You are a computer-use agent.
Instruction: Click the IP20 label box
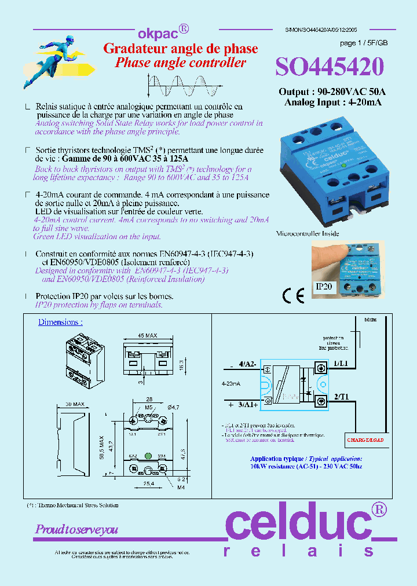click(324, 286)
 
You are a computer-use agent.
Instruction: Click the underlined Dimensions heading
click(60, 322)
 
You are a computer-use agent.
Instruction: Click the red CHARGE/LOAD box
click(365, 440)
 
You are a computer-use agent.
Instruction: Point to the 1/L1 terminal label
click(341, 362)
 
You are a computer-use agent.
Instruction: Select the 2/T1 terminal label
click(341, 397)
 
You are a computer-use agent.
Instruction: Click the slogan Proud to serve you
click(76, 529)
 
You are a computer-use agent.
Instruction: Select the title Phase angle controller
click(180, 63)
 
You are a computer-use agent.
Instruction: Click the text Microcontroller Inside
click(307, 233)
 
